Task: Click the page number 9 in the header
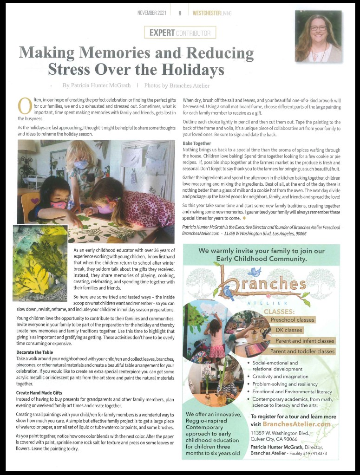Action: [180, 13]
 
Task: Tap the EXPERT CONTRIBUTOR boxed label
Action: [180, 33]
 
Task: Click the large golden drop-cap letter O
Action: [24, 105]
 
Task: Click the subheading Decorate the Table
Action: [34, 353]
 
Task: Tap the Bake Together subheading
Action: [197, 144]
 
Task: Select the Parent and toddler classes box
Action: [302, 351]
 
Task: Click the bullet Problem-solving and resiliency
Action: [285, 384]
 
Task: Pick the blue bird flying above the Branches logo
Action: [254, 272]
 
